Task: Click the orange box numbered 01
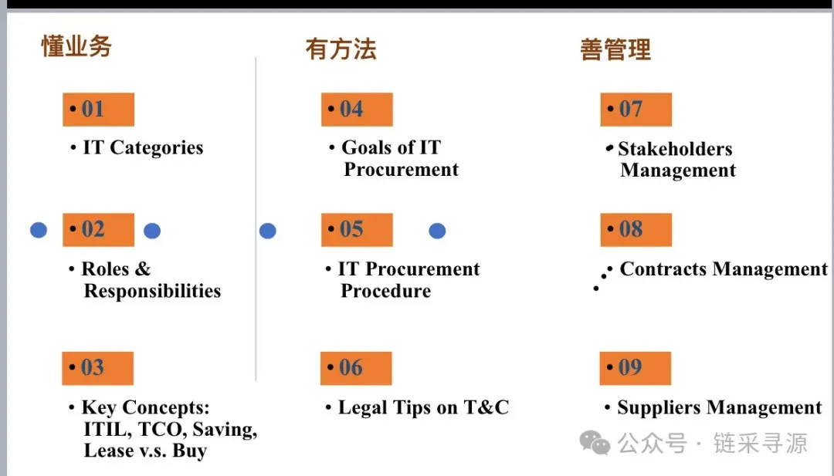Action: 98,110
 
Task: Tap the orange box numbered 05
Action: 357,230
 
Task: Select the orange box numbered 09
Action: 635,368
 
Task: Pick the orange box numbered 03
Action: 97,368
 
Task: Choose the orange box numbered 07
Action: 636,110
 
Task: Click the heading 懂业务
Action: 76,46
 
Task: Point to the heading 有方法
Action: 341,49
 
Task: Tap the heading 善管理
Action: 615,50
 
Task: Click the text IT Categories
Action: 143,148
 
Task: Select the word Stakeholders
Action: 675,149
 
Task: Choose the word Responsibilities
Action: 152,291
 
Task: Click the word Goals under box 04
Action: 368,148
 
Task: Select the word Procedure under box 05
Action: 386,291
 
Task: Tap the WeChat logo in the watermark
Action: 595,443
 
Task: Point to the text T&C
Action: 486,408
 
